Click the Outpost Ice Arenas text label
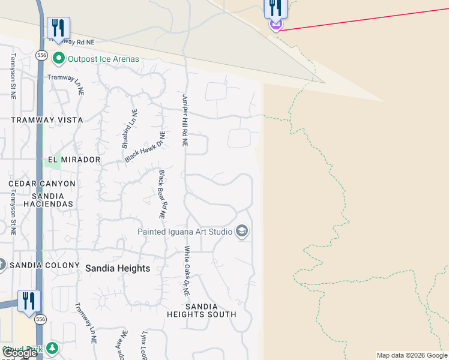coord(103,59)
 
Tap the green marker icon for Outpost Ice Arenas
coord(59,59)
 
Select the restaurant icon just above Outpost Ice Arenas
coord(58,28)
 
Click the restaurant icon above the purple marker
coord(276,8)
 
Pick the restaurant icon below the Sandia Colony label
coord(29,301)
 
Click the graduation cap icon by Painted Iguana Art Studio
coord(242,232)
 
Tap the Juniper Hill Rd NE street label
coord(185,120)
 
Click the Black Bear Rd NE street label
coord(163,194)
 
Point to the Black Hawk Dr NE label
coord(144,146)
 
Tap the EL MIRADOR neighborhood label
coord(72,160)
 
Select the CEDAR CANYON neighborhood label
coord(42,184)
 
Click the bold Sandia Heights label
coord(118,268)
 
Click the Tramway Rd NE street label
coord(73,42)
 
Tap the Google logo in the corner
coord(19,353)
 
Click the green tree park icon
coord(53,348)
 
